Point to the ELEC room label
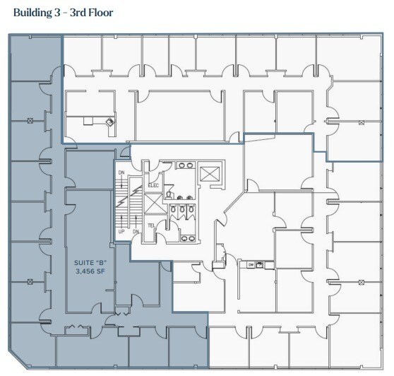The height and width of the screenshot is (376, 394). [x=154, y=185]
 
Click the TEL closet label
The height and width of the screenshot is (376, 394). [x=151, y=226]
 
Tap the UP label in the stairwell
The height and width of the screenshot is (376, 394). [x=121, y=231]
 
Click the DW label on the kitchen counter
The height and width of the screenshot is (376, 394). [x=250, y=264]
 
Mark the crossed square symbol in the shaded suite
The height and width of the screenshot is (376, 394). [x=30, y=121]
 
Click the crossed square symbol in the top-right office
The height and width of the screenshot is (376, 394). [x=361, y=123]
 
